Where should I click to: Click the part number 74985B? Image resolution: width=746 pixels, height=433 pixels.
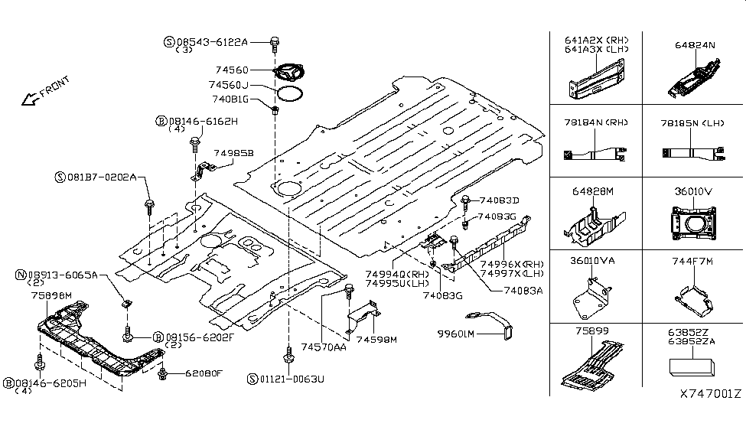(233, 153)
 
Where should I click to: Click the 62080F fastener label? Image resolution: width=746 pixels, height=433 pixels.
(203, 373)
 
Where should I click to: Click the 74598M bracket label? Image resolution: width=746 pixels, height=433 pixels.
(376, 339)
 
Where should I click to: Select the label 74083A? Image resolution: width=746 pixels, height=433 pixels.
(523, 291)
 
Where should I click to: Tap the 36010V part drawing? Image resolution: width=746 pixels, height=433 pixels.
(693, 225)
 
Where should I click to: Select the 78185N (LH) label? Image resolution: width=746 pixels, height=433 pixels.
(692, 122)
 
